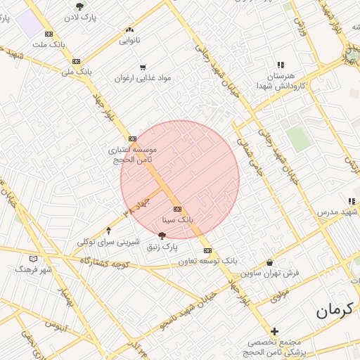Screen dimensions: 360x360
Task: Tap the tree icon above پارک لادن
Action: tap(79, 6)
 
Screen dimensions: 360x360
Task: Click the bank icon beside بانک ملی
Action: tap(75, 61)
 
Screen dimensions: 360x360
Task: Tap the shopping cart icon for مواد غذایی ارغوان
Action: tap(143, 67)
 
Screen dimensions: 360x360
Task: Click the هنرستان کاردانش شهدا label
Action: tap(284, 79)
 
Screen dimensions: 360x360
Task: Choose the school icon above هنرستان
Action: tap(281, 64)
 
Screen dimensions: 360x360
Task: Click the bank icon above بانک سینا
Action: tap(176, 209)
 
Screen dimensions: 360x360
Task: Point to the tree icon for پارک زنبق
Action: tap(162, 236)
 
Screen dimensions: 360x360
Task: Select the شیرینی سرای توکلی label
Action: tap(105, 241)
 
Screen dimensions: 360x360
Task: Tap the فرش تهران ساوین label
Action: tap(270, 272)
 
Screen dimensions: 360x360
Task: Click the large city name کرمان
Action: tap(337, 310)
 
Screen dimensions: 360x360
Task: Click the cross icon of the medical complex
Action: tap(274, 331)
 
